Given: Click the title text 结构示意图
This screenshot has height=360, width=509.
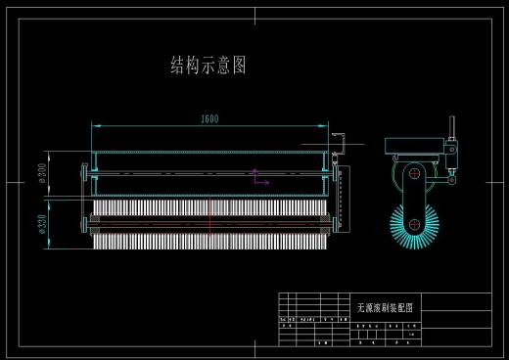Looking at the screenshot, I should pos(208,66).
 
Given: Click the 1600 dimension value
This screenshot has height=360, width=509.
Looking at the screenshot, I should pos(208,119).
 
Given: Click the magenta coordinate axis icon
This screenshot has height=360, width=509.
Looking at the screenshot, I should pos(258,177).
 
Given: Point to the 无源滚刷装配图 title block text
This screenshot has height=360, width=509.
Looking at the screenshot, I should pos(384,306).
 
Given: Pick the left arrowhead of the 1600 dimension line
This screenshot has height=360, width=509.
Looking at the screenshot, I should pos(95,125).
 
